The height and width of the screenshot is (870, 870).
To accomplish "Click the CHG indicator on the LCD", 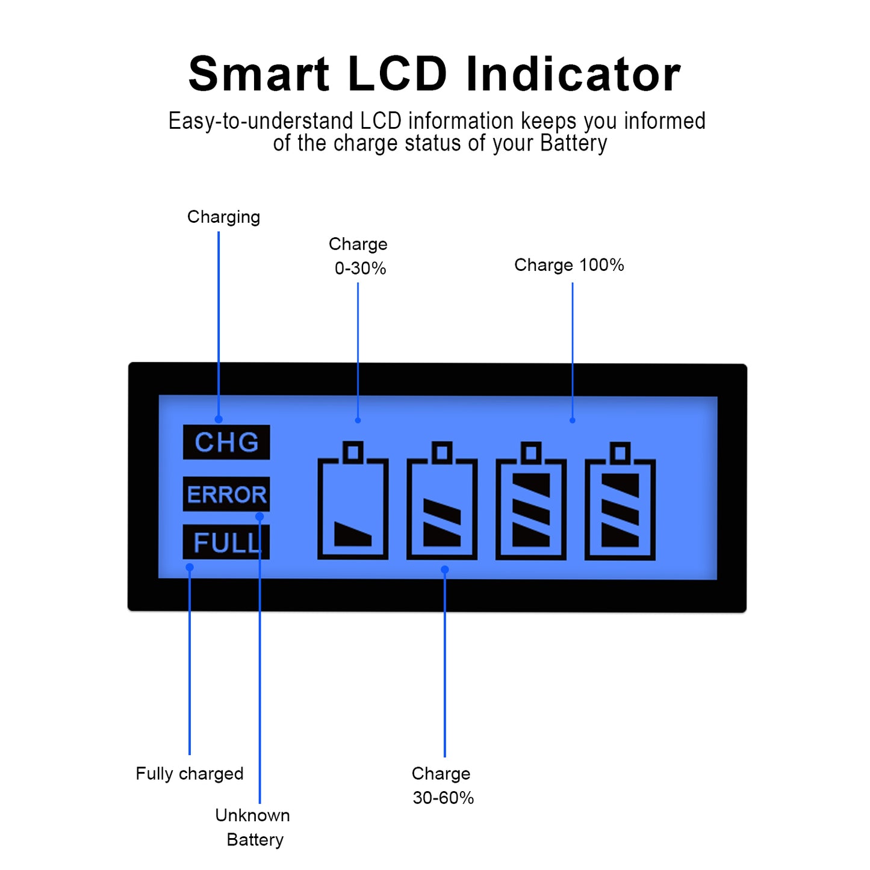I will (x=226, y=443).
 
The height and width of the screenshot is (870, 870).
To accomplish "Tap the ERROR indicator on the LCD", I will (x=226, y=494).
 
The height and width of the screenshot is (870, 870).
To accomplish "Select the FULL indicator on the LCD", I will (x=226, y=542).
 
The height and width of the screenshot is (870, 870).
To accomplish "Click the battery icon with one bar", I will (x=353, y=502).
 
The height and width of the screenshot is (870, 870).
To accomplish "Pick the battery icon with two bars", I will (x=442, y=502).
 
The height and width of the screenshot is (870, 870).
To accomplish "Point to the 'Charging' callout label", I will (x=223, y=217).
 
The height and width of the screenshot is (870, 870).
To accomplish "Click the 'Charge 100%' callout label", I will (x=569, y=265).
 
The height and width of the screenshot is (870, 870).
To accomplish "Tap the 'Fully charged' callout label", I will (x=190, y=774).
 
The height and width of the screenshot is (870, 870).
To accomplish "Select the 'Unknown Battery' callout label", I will (x=253, y=827).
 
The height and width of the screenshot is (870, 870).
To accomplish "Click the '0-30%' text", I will (x=360, y=269).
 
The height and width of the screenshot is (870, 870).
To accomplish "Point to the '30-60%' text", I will (x=443, y=798).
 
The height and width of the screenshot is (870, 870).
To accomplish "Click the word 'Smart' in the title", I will (x=259, y=75).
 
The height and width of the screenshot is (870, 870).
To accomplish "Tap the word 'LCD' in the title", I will (x=397, y=75).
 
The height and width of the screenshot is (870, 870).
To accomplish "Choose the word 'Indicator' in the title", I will (x=573, y=75).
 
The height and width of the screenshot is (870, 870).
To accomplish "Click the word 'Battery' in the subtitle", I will (x=573, y=143).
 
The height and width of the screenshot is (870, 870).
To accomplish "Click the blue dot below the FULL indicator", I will (x=190, y=567).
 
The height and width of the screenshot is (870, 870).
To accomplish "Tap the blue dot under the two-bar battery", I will (x=445, y=570).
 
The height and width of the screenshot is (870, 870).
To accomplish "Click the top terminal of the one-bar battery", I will (x=353, y=452).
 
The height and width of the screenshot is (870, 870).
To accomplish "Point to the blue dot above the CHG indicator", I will (x=219, y=419).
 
